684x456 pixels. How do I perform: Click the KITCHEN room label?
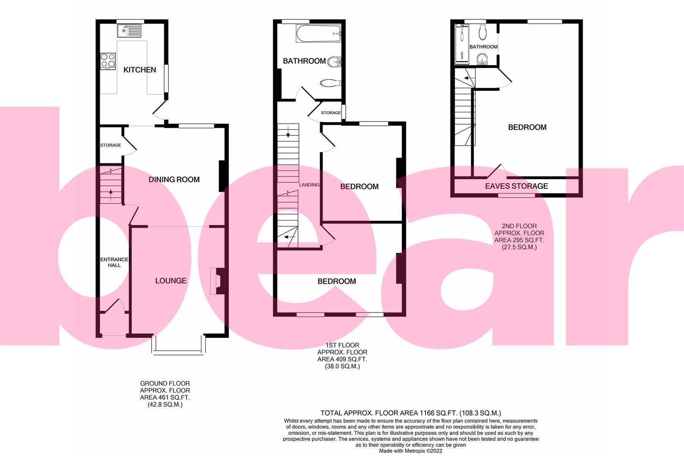139,70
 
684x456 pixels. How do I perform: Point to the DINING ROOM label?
174,179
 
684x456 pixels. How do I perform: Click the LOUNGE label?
171,281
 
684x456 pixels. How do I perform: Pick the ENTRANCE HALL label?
114,262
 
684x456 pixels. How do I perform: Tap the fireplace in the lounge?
217,281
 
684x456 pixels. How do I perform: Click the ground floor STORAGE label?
111,145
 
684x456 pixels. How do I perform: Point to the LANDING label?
309,185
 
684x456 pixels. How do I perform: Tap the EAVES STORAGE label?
516,186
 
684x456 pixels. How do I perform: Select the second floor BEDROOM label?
527,127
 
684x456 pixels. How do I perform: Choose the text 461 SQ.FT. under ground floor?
165,397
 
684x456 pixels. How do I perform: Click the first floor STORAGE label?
331,113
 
